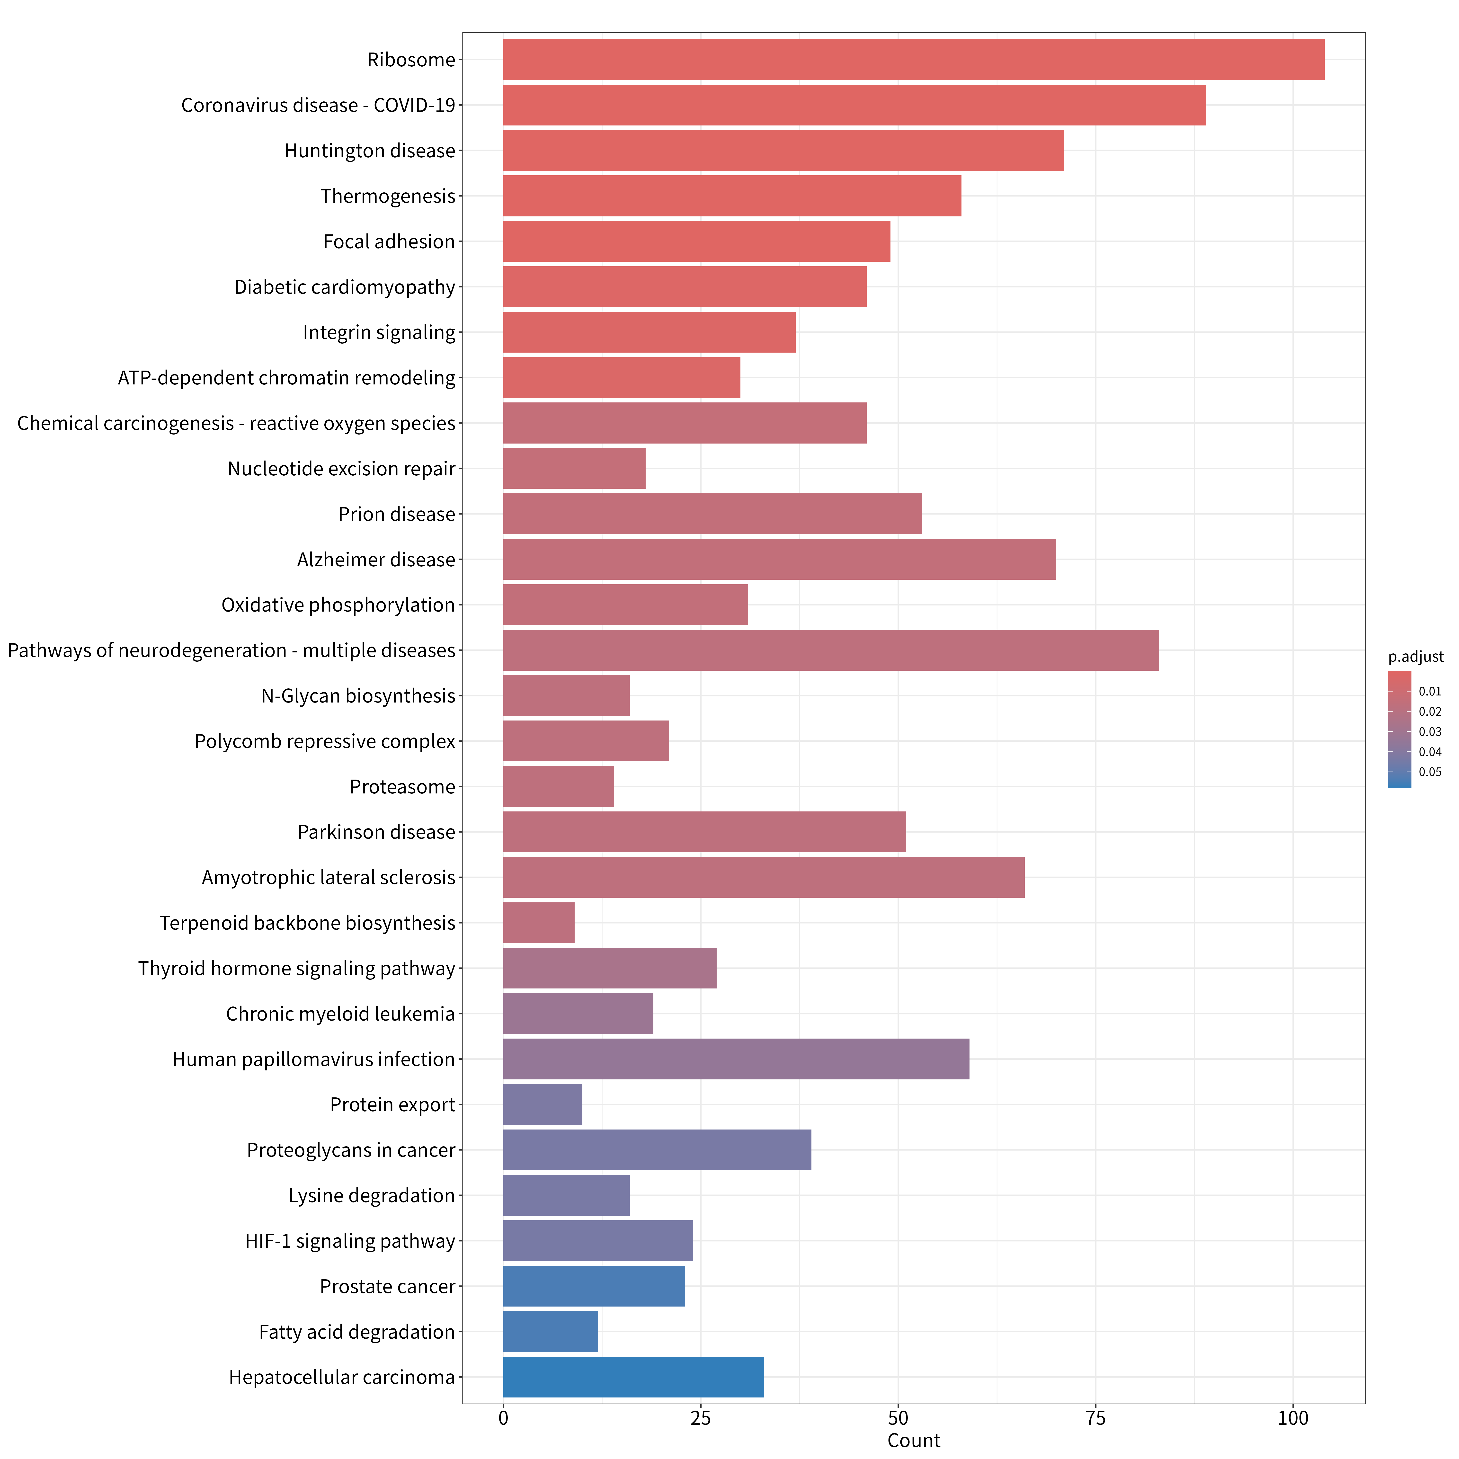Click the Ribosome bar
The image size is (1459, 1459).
coord(914,60)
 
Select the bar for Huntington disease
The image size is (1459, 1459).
coord(783,150)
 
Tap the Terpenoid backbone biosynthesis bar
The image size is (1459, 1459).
coord(538,923)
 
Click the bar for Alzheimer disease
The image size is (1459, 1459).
coord(779,560)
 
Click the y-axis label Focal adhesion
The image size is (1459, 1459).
coord(389,242)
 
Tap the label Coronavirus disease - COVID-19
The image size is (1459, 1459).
coord(318,105)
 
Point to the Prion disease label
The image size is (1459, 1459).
coord(396,514)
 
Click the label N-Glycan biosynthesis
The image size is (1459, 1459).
coord(358,695)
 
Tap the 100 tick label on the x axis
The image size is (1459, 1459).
coord(1293,1418)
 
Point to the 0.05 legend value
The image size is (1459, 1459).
coord(1430,772)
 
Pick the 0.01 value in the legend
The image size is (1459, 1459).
coord(1430,691)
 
